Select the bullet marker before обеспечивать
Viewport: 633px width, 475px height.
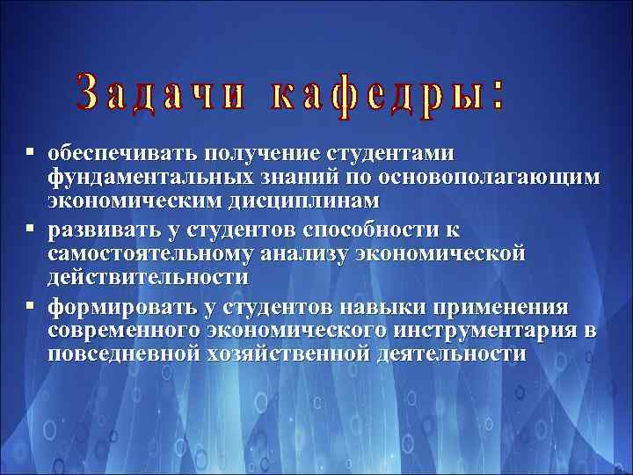[x=31, y=153]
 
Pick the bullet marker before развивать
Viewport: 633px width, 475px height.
[x=31, y=230]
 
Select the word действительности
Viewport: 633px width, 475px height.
[x=148, y=277]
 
